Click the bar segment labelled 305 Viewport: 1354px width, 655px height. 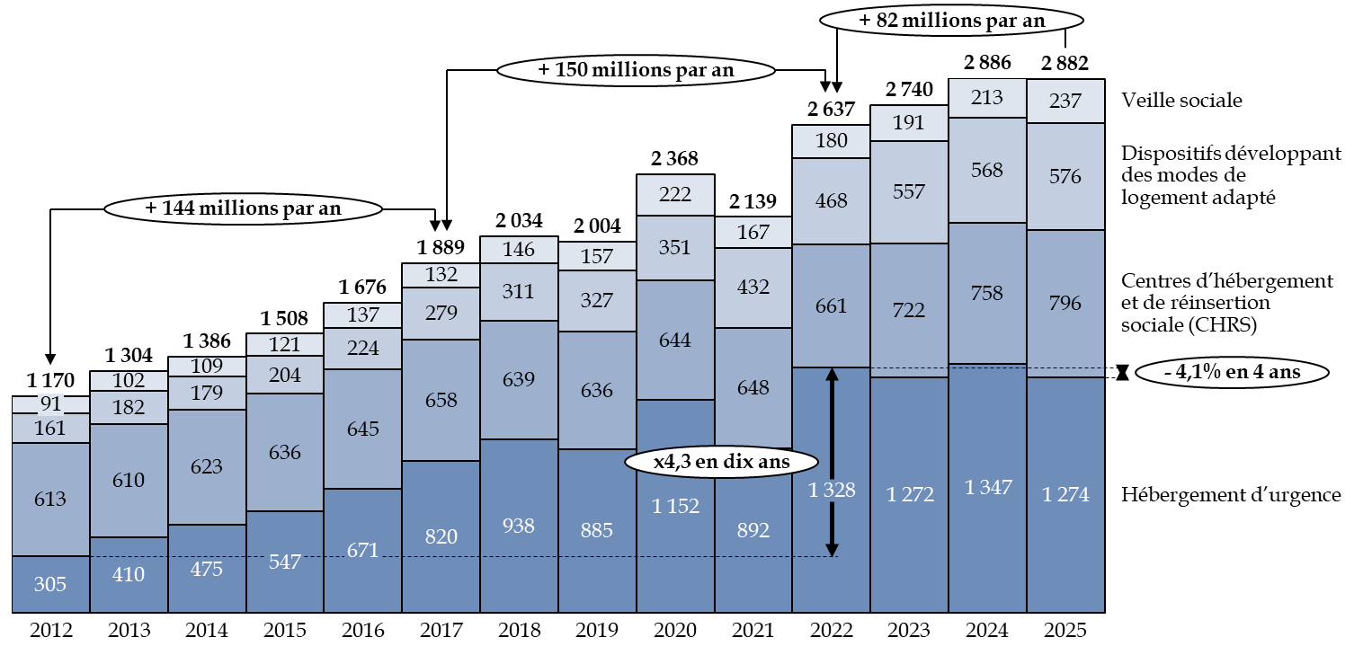click(x=50, y=584)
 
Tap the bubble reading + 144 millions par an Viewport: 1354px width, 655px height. click(x=243, y=208)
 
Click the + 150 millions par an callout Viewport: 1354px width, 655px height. click(x=636, y=70)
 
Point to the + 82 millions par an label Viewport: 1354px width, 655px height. click(x=951, y=21)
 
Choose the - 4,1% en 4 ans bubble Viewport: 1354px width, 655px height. click(x=1231, y=372)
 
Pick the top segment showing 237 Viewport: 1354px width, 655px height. click(x=1065, y=102)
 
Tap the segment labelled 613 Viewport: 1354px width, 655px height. click(x=50, y=499)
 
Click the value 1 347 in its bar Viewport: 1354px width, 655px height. click(x=987, y=487)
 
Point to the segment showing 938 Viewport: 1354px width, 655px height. click(x=519, y=526)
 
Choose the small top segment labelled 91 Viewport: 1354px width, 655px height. click(x=50, y=404)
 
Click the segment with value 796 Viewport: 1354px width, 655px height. click(x=1065, y=304)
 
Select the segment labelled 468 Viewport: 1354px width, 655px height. click(x=831, y=201)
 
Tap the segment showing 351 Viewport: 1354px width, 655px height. click(x=675, y=248)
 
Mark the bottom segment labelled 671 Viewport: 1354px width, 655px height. click(x=362, y=550)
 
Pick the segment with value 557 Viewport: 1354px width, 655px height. click(x=909, y=192)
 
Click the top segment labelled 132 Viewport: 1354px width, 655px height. click(x=441, y=275)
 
